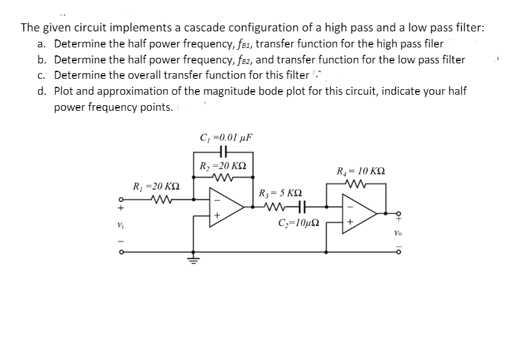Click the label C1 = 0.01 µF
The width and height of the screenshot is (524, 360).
(226, 137)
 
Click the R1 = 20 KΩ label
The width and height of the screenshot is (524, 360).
(156, 186)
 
